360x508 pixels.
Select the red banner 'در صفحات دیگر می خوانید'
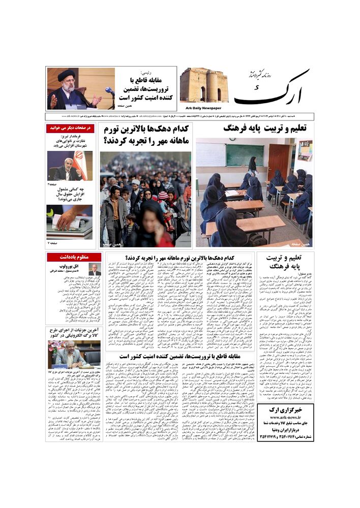[71, 128]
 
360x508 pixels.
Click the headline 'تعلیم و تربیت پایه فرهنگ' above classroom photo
[265, 129]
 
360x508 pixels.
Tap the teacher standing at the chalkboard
[252, 168]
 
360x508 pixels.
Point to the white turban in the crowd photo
[136, 182]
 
